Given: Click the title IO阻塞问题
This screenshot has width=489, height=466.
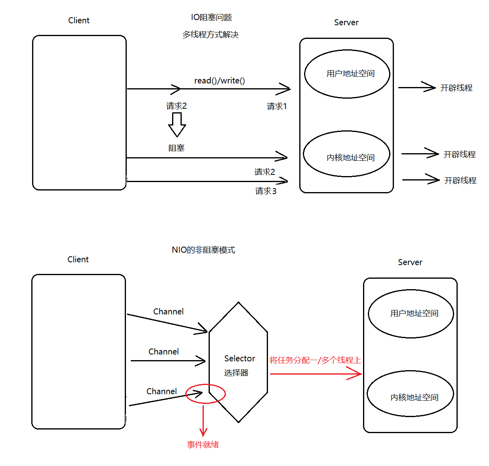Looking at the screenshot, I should (x=211, y=17).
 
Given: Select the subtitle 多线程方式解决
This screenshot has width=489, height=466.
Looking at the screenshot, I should (x=211, y=35).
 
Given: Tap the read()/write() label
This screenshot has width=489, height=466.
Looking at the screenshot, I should (x=219, y=81).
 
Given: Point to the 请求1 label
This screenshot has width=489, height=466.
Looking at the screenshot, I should (x=277, y=106).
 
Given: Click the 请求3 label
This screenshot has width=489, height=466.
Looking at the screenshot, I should (x=266, y=191).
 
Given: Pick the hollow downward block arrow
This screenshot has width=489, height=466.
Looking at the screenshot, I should (x=177, y=125).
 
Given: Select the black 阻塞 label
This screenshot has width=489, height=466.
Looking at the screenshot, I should (x=177, y=148).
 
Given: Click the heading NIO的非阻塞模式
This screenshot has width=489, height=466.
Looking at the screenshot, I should (x=203, y=250).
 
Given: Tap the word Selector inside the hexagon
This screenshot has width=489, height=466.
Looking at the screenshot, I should (x=239, y=358).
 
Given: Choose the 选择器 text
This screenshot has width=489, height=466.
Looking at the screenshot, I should (x=236, y=373).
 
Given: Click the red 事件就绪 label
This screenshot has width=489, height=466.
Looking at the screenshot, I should (x=203, y=444).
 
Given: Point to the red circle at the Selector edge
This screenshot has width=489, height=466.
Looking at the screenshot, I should (x=206, y=393).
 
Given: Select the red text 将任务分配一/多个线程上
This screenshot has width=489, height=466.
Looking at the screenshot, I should (x=315, y=360).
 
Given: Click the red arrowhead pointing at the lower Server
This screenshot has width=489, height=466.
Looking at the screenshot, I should (x=355, y=374).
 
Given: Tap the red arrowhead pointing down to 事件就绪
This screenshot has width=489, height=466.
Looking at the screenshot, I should (x=203, y=432).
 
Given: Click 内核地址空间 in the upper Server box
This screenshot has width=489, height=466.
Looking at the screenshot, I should (x=351, y=158).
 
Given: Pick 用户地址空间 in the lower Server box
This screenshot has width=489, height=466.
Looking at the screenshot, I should (x=414, y=313).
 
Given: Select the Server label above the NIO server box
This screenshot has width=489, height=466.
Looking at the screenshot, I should (x=410, y=262).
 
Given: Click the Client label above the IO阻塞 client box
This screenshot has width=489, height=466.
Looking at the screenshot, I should (x=79, y=20).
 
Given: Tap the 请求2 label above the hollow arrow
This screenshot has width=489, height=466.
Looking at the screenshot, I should (x=177, y=106).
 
